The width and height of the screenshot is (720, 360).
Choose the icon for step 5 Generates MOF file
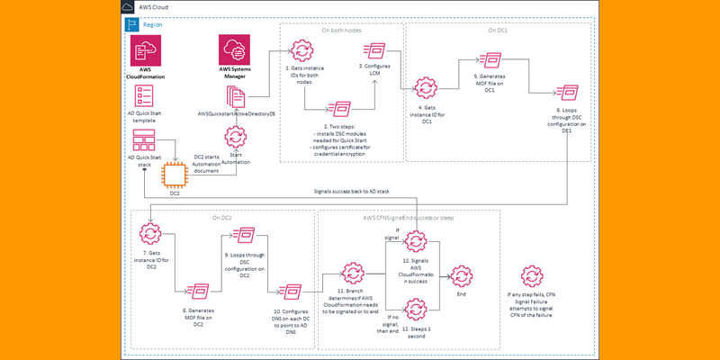[491, 60]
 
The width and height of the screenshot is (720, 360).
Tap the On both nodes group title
[342, 30]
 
